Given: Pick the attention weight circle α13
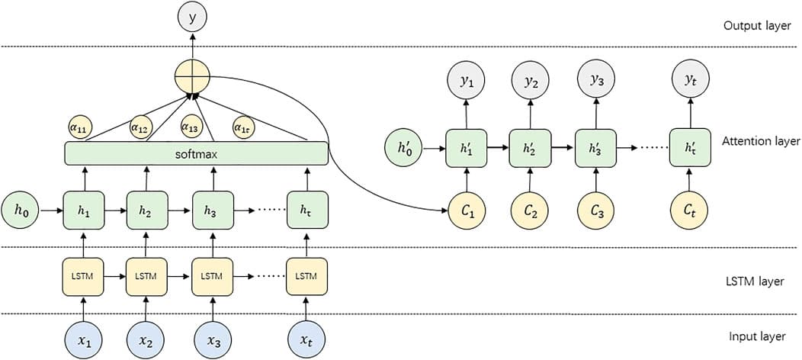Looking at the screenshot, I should (x=191, y=126).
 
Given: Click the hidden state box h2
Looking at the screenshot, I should (x=145, y=208).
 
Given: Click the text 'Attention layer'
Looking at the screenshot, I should (x=760, y=141).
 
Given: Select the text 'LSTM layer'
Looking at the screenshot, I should (x=753, y=281).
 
